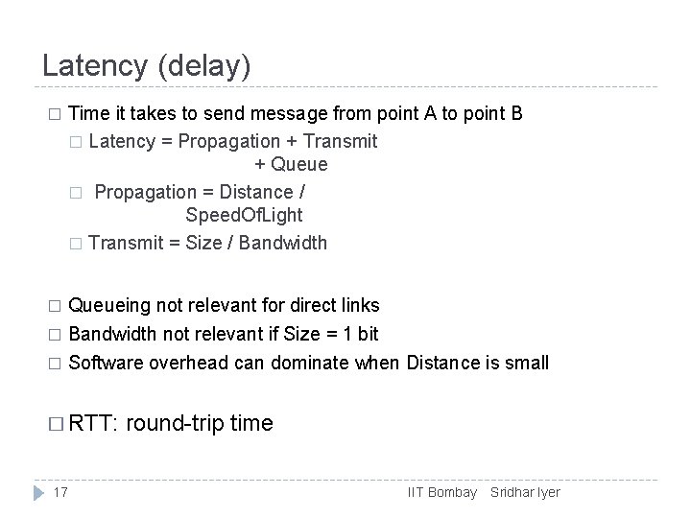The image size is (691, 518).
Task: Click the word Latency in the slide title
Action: coord(92,66)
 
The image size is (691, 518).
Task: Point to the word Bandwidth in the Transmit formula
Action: coord(283,243)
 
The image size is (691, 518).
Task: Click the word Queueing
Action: coord(110,306)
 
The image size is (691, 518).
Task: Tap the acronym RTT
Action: coord(92,422)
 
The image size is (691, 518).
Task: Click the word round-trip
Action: coord(175,422)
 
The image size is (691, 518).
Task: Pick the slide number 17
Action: coord(60,492)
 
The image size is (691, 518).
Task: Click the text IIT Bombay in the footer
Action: coord(442,492)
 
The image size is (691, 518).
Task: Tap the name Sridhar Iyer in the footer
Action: coord(525,492)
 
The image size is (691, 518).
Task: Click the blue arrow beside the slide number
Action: coord(37,492)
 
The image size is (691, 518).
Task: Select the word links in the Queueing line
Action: coord(359,306)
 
